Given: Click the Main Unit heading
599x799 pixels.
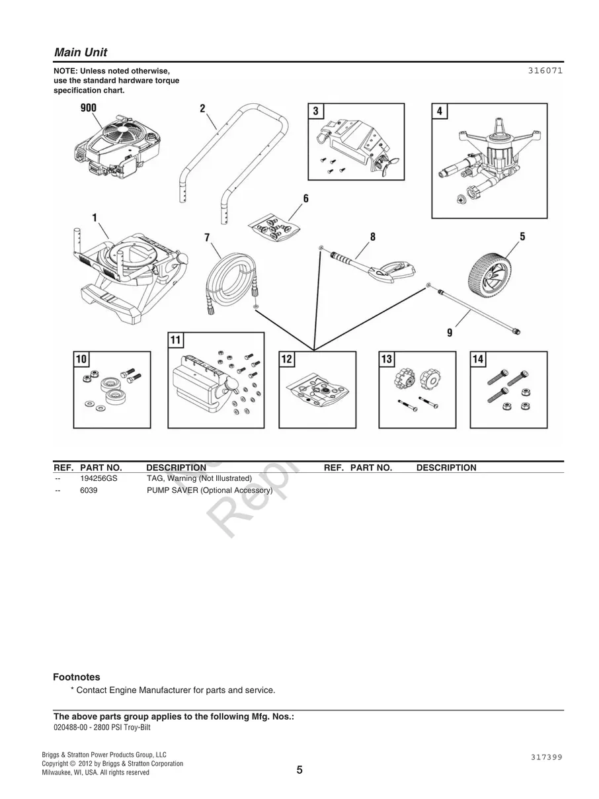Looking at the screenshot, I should click(80, 52).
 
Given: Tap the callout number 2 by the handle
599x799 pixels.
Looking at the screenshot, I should click(202, 108).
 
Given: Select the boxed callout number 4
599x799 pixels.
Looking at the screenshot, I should click(440, 112).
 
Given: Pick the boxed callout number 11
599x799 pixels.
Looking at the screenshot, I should click(176, 341).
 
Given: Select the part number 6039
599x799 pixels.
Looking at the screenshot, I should click(89, 491).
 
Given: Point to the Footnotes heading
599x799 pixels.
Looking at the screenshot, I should click(77, 677).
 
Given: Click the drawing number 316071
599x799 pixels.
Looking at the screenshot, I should click(545, 70).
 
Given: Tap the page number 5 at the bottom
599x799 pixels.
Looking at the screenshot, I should click(299, 770).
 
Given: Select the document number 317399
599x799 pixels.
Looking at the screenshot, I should click(545, 757).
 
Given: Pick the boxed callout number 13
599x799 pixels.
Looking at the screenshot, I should click(387, 359).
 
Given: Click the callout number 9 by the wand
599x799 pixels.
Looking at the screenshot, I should click(450, 333).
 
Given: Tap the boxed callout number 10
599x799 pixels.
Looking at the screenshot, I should click(81, 359).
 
